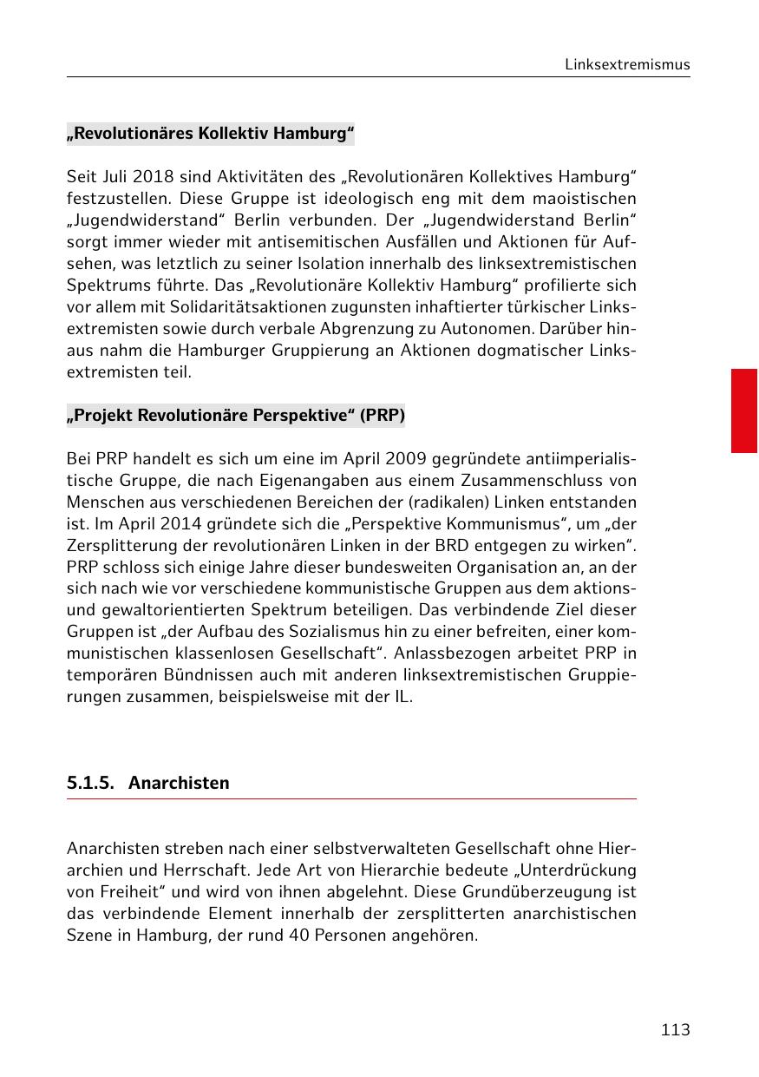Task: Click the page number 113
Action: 675,1030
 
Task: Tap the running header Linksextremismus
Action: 627,64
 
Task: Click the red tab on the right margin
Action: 743,410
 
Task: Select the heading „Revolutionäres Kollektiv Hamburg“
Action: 211,134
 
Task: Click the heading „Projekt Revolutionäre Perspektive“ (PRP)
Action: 236,415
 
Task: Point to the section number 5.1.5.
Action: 91,783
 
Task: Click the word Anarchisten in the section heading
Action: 179,783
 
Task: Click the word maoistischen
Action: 586,200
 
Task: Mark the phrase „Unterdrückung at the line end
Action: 577,870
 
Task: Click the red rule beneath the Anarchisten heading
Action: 351,799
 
